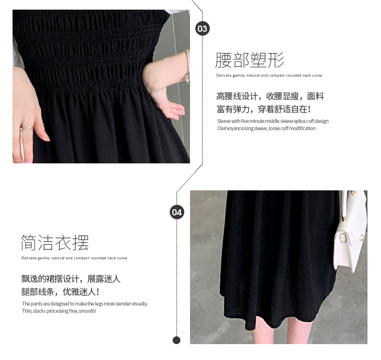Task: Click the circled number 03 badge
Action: click(203, 28)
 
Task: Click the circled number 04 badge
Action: click(177, 212)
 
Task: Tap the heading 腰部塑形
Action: click(250, 60)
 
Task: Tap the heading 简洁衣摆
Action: click(55, 242)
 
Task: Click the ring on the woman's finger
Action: click(27, 128)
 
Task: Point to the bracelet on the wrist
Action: click(188, 67)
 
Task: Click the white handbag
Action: click(351, 231)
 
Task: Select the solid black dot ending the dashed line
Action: click(177, 340)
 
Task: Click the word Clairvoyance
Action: click(230, 128)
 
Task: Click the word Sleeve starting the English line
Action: click(224, 121)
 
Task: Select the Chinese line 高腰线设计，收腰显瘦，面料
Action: click(270, 96)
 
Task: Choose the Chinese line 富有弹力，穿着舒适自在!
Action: click(264, 109)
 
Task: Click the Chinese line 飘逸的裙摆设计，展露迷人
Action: click(71, 279)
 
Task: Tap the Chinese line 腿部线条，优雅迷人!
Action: click(60, 292)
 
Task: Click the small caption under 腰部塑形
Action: click(269, 76)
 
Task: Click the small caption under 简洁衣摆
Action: click(74, 258)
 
